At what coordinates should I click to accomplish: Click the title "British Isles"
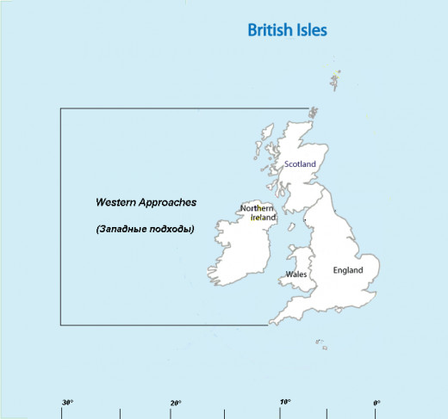pyautogui.click(x=287, y=30)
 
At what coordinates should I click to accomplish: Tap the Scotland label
pyautogui.click(x=300, y=164)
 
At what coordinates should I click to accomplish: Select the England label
pyautogui.click(x=348, y=270)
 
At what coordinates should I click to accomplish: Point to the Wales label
pyautogui.click(x=296, y=275)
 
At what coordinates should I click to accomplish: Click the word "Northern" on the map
pyautogui.click(x=257, y=209)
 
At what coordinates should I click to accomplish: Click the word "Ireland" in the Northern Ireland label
pyautogui.click(x=263, y=219)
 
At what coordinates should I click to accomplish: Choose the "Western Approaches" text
pyautogui.click(x=146, y=203)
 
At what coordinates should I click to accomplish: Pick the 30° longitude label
pyautogui.click(x=67, y=403)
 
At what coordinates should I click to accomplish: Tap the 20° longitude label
pyautogui.click(x=176, y=403)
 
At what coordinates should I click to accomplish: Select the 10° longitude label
pyautogui.click(x=284, y=403)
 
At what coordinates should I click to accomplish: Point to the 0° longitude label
pyautogui.click(x=376, y=403)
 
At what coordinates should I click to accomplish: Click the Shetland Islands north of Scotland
pyautogui.click(x=334, y=80)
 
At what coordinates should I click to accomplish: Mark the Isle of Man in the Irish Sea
pyautogui.click(x=303, y=233)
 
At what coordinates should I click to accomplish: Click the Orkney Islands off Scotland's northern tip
pyautogui.click(x=313, y=112)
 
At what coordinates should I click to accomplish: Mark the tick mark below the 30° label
pyautogui.click(x=62, y=414)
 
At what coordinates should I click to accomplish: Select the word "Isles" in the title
pyautogui.click(x=310, y=30)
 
